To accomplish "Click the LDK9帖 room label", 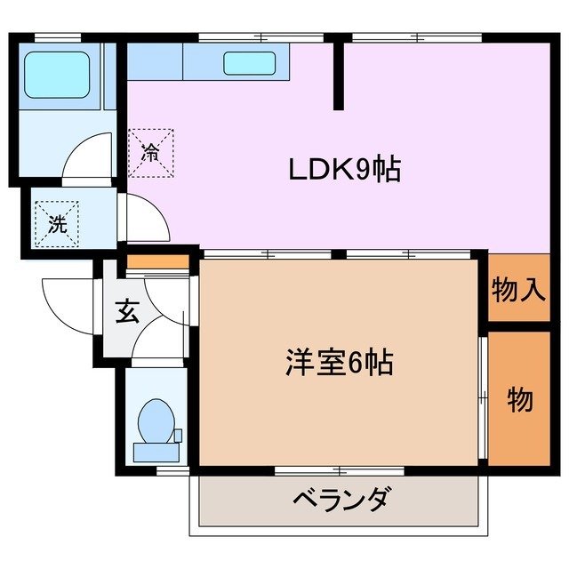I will (x=343, y=169).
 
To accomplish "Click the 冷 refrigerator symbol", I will (x=151, y=151).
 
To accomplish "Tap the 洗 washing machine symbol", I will (x=57, y=223).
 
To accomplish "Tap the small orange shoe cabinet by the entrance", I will (x=157, y=262).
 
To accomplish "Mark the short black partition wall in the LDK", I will (x=339, y=76).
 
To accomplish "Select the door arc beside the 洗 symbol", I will (x=145, y=218).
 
